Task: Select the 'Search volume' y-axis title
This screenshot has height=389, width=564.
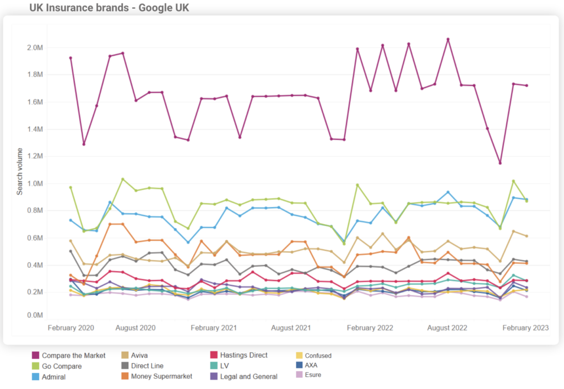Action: pyautogui.click(x=20, y=171)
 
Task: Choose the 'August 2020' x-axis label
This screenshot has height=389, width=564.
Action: pyautogui.click(x=135, y=328)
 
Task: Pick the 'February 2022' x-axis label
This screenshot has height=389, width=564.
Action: pyautogui.click(x=370, y=328)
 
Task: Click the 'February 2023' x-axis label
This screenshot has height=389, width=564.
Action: pyautogui.click(x=526, y=328)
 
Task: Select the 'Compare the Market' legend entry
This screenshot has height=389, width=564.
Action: pyautogui.click(x=73, y=356)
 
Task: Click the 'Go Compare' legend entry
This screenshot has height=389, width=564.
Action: pyautogui.click(x=62, y=366)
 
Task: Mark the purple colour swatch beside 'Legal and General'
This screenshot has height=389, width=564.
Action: pyautogui.click(x=215, y=376)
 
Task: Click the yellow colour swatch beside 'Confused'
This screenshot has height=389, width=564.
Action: pyautogui.click(x=300, y=356)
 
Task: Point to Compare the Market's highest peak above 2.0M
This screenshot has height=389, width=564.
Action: pyautogui.click(x=448, y=39)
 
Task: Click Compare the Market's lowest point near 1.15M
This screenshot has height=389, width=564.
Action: pyautogui.click(x=500, y=163)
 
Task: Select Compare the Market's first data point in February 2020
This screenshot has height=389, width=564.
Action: pyautogui.click(x=70, y=58)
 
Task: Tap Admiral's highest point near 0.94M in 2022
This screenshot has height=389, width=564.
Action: pyautogui.click(x=448, y=192)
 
